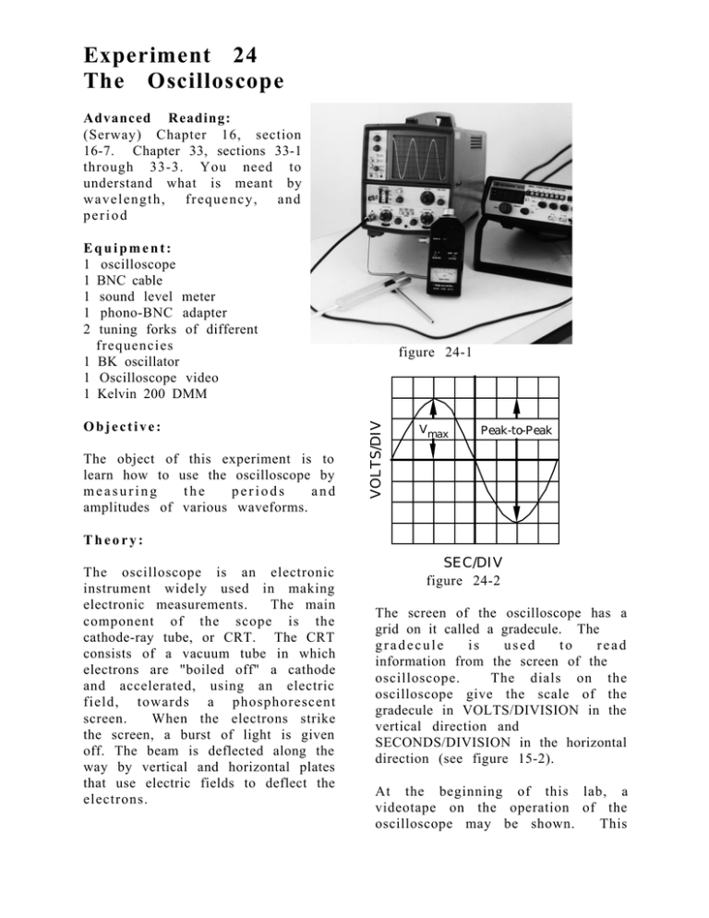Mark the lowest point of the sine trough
click(516, 522)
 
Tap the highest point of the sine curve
click(432, 395)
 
